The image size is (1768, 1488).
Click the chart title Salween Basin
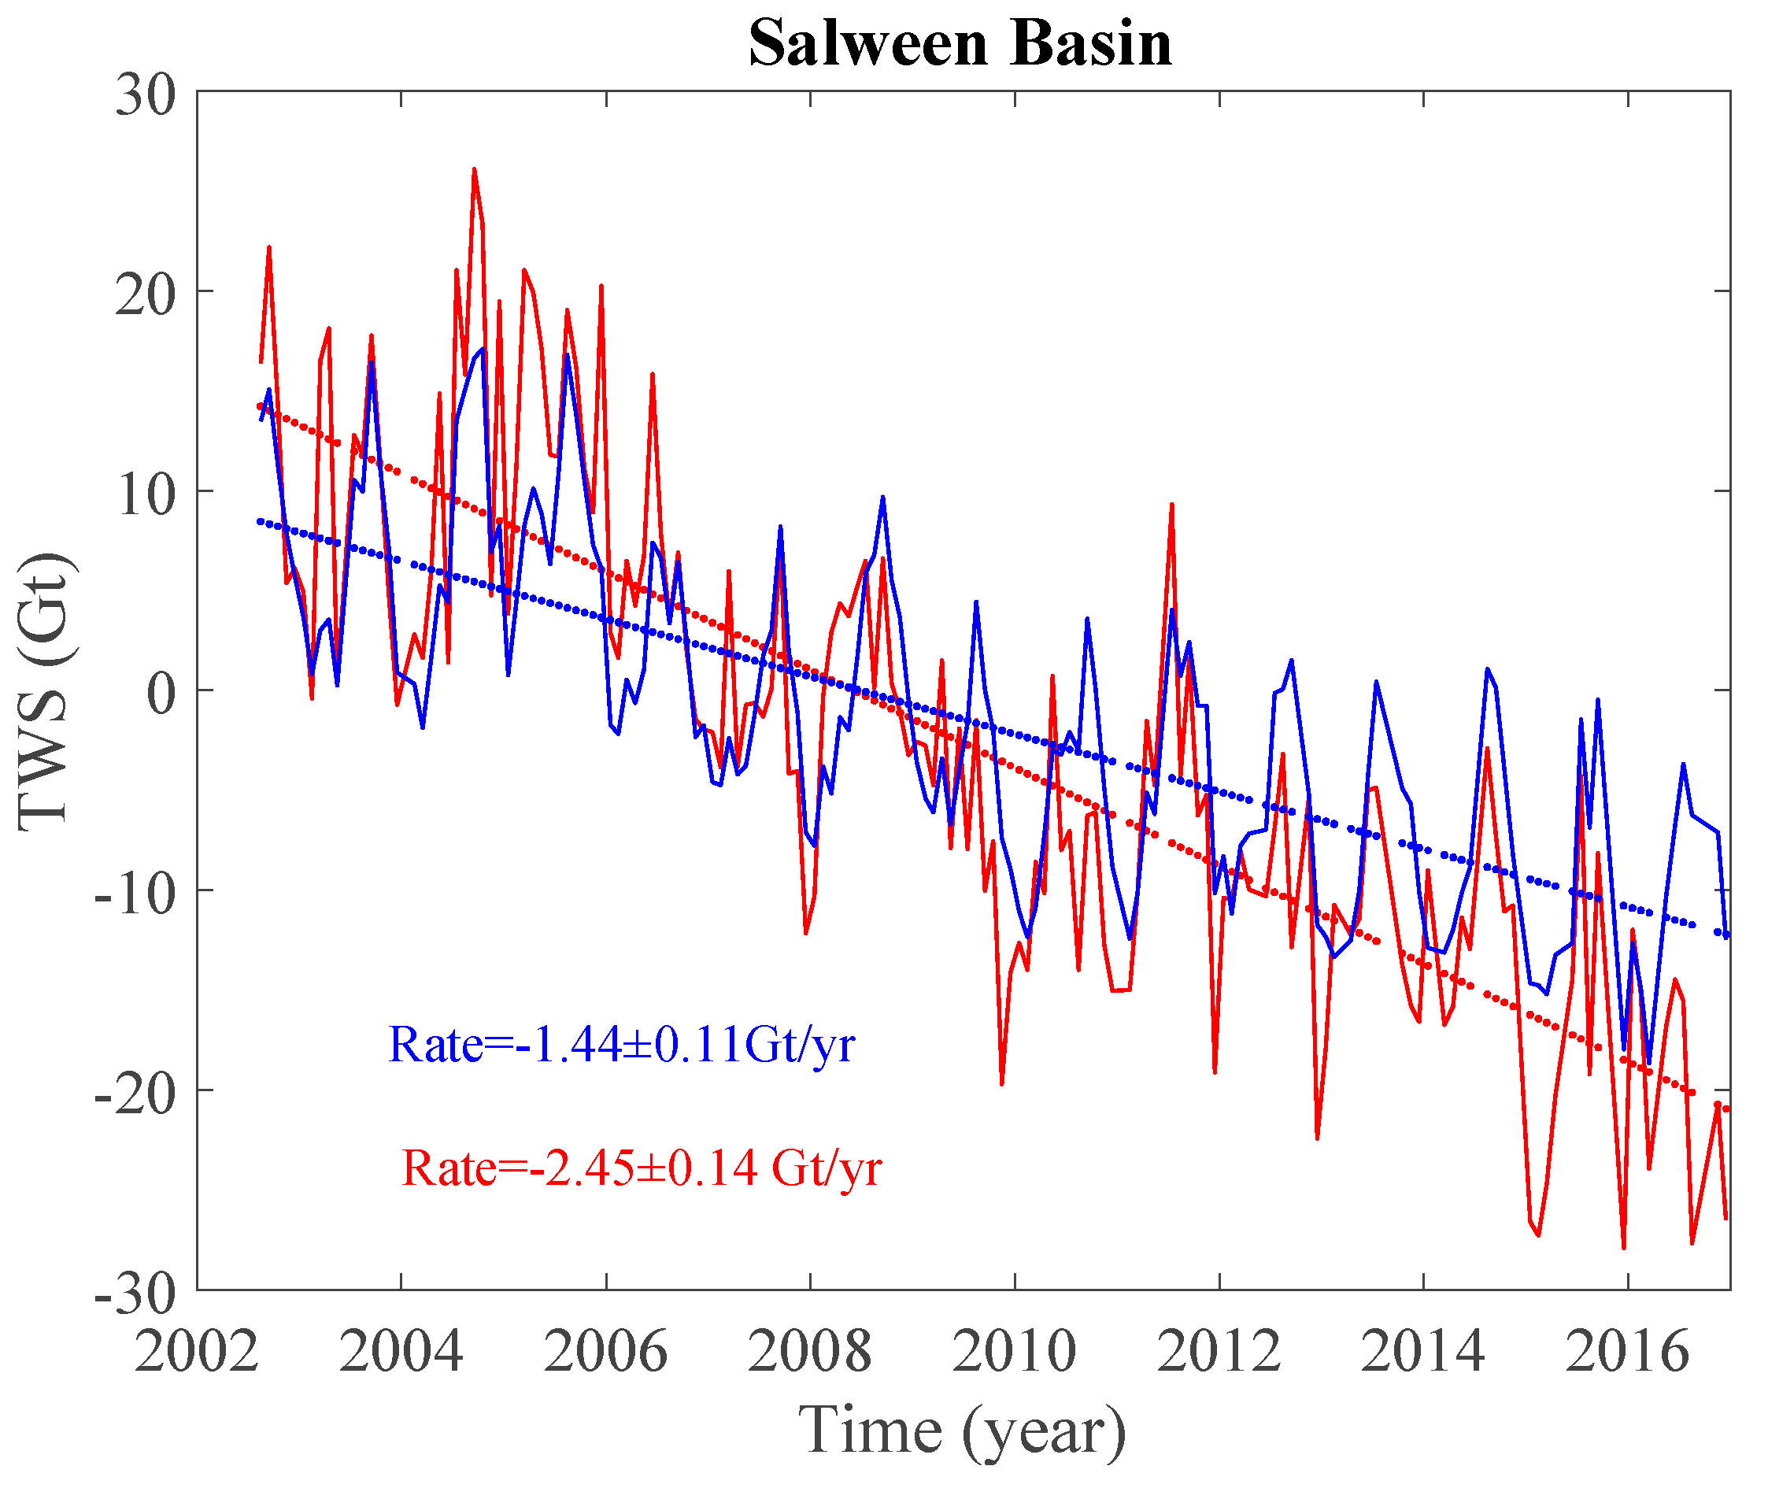[960, 44]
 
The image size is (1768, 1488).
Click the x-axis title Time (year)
[962, 1429]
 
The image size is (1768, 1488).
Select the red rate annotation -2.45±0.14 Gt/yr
[641, 1168]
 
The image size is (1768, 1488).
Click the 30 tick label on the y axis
[145, 94]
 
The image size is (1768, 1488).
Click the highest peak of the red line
[474, 170]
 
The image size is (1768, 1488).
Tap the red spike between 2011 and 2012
[1171, 506]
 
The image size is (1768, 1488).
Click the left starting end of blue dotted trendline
[260, 521]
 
